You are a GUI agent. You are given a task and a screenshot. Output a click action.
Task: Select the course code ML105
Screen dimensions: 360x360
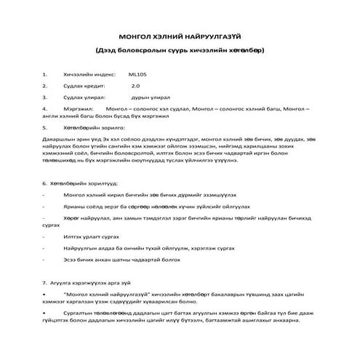pos(137,73)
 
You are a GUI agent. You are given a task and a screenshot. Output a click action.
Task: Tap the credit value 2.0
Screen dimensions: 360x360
pos(135,85)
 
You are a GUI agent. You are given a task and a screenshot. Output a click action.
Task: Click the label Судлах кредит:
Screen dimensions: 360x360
pos(82,85)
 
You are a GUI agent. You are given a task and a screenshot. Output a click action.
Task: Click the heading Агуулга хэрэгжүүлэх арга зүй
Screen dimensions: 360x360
pos(92,281)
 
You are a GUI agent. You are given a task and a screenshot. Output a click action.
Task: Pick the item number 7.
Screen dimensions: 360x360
pos(44,281)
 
